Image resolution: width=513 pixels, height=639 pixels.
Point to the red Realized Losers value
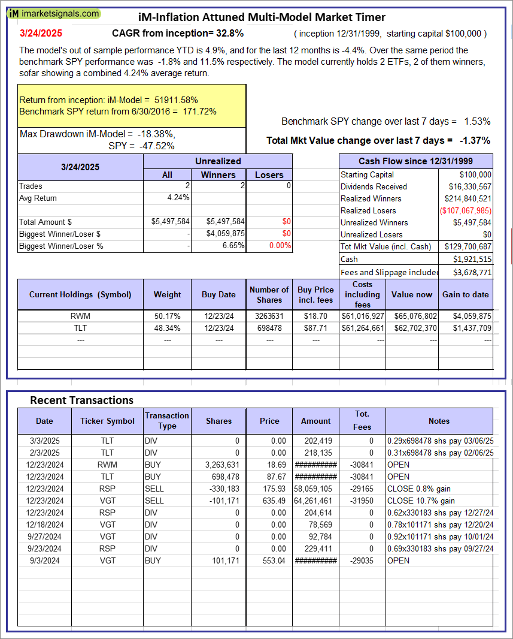pos(465,210)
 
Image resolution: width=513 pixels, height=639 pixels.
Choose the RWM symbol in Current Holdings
pos(80,316)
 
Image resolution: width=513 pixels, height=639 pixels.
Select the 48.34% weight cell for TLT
pos(168,328)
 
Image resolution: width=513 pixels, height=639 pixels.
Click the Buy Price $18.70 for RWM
pos(315,316)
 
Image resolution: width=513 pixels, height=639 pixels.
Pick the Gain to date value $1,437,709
pos(470,328)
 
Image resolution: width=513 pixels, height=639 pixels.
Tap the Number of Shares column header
pos(269,294)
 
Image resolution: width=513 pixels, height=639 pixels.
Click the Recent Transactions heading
pos(81,400)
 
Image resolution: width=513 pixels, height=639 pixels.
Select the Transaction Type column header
pos(167,421)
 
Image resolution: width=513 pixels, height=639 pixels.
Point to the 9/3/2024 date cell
pos(44,560)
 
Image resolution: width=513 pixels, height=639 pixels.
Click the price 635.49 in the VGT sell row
pos(269,501)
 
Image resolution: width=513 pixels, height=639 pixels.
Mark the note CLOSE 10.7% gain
pos(421,501)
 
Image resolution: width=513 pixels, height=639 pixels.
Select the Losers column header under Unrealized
pos(269,175)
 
